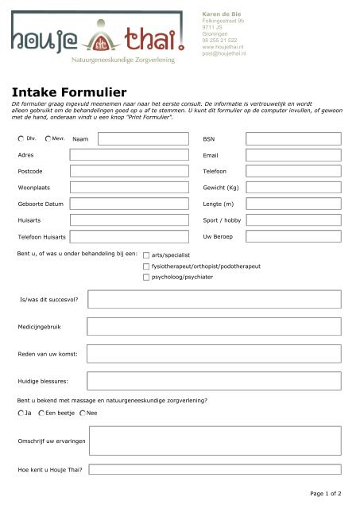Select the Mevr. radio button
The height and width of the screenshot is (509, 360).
tap(48, 138)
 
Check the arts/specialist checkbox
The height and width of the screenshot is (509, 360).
tap(146, 256)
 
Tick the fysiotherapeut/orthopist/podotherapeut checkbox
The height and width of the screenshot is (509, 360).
tap(146, 267)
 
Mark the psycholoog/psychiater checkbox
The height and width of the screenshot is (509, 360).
tap(146, 278)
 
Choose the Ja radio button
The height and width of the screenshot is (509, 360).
tap(20, 414)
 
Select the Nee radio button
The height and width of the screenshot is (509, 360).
tap(82, 414)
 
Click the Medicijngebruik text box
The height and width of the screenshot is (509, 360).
tap(214, 327)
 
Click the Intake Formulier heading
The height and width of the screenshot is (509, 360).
tap(64, 92)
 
